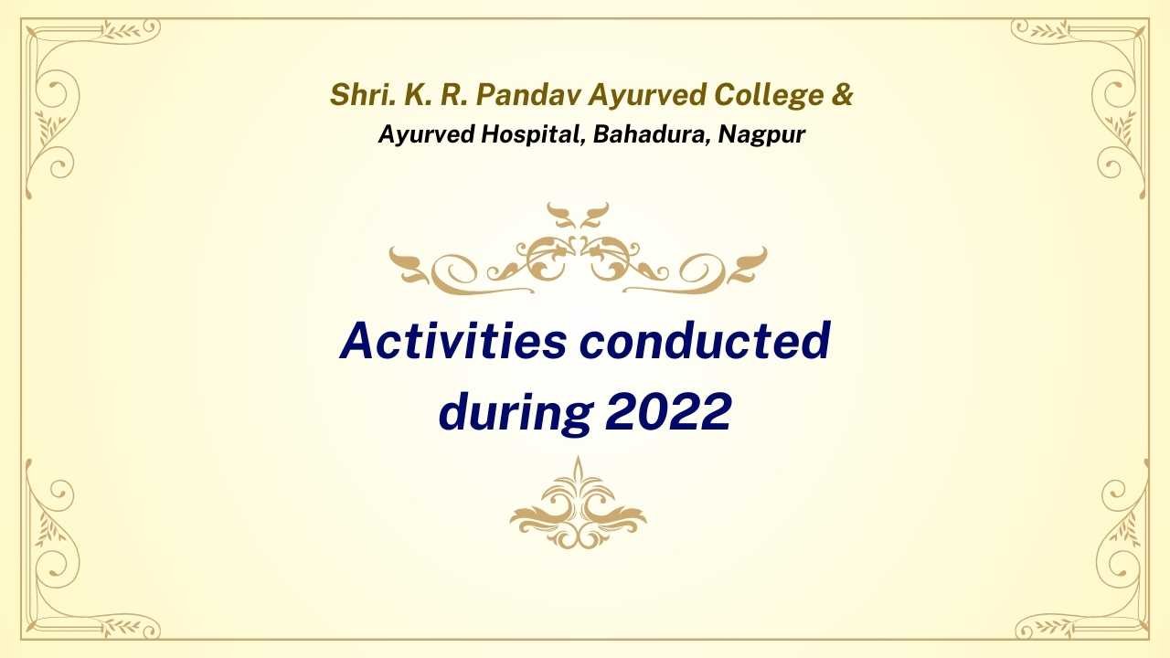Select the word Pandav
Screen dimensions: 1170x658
click(x=528, y=94)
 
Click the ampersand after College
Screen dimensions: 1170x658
click(x=842, y=94)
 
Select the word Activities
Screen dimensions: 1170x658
click(x=453, y=341)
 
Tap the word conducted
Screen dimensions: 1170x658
click(x=705, y=341)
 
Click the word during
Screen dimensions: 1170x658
click(x=516, y=413)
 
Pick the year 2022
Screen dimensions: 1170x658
click(x=668, y=411)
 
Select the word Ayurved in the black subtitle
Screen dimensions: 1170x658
click(x=426, y=135)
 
